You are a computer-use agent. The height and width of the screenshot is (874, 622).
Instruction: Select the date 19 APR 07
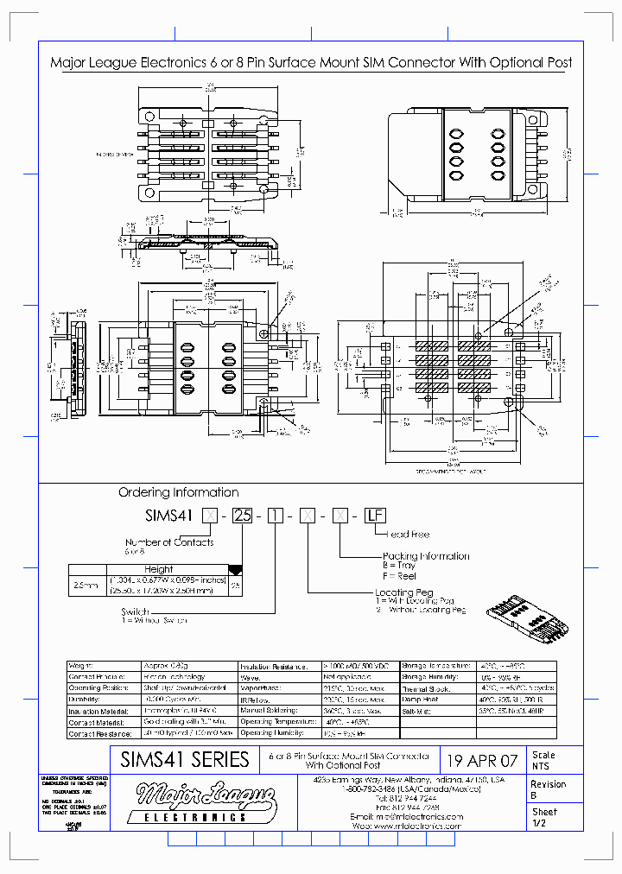(482, 760)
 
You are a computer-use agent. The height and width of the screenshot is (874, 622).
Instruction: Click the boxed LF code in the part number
(374, 516)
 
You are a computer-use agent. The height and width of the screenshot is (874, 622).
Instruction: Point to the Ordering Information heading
(178, 492)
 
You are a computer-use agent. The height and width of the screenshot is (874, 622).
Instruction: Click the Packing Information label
(426, 556)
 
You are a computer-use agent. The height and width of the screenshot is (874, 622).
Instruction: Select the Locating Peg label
(400, 594)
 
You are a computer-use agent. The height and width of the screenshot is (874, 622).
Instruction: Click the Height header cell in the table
(158, 569)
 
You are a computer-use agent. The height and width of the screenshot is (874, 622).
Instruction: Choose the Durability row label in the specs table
(86, 700)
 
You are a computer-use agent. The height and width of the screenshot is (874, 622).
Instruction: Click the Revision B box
(549, 789)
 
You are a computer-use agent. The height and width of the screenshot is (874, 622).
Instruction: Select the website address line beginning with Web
(407, 826)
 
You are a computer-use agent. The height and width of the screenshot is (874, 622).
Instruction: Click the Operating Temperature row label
(274, 721)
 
